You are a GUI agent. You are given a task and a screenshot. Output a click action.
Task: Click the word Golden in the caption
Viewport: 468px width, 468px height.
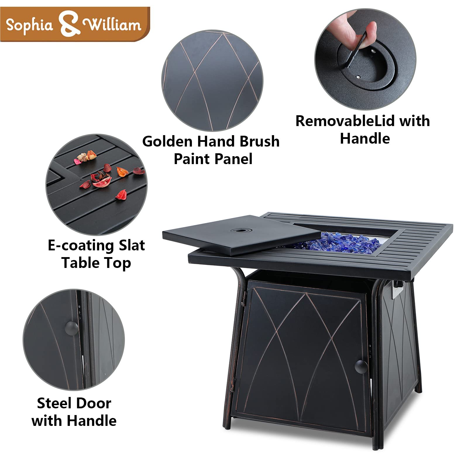click(168, 142)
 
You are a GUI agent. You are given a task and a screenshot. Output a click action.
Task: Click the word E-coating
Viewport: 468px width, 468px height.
click(81, 246)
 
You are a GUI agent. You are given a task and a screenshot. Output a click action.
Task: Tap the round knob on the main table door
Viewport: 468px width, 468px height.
click(361, 367)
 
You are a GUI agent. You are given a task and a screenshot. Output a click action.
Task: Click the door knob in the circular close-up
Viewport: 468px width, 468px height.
click(71, 328)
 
